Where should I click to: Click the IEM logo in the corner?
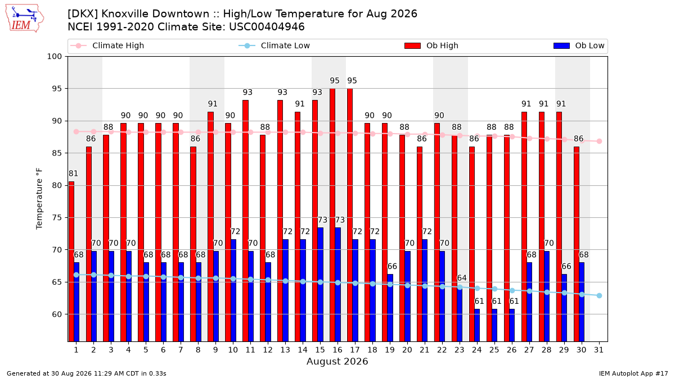(x=25, y=18)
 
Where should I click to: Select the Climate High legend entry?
(x=107, y=45)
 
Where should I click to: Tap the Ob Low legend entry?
(x=579, y=45)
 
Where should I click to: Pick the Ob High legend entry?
(x=431, y=45)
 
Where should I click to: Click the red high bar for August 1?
(x=71, y=262)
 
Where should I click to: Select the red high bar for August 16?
(x=332, y=215)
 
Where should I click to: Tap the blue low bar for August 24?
(x=477, y=325)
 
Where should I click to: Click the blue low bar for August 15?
(x=320, y=285)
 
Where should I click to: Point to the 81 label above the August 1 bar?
(x=73, y=173)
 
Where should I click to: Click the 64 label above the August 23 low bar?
(x=462, y=278)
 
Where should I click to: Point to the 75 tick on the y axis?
(x=57, y=218)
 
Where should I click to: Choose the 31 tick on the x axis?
(x=598, y=350)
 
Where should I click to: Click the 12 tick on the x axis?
(x=268, y=350)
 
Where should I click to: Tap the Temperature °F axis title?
(x=39, y=199)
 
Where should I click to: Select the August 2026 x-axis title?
(x=337, y=361)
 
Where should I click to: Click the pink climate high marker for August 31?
(x=599, y=141)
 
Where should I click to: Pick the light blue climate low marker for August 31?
(x=599, y=296)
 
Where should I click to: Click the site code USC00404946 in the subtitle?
(x=267, y=27)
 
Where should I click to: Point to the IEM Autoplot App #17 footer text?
(x=633, y=373)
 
